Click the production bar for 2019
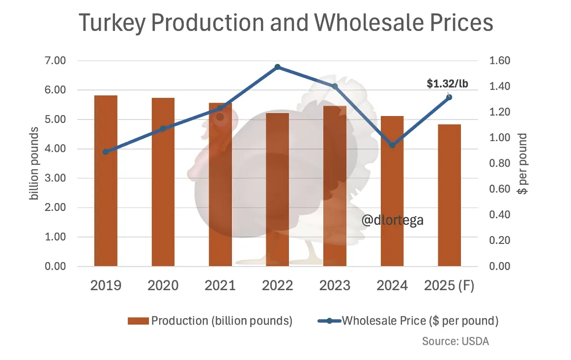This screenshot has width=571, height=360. [106, 180]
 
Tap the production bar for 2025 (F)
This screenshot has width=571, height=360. [449, 195]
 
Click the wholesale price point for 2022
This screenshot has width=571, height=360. [278, 67]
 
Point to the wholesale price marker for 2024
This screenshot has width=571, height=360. [392, 145]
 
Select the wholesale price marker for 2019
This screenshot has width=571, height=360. [106, 151]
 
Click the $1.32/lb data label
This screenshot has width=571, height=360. [447, 84]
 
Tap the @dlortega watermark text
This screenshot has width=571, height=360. [392, 221]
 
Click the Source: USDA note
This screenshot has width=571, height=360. [456, 341]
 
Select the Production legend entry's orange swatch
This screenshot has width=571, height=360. [138, 321]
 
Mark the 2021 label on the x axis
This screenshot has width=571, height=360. [220, 286]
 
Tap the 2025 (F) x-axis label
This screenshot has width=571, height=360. [449, 286]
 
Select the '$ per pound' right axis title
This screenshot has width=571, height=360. [523, 163]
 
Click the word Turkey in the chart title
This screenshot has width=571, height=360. [114, 23]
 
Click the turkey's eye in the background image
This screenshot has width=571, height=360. [220, 117]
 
